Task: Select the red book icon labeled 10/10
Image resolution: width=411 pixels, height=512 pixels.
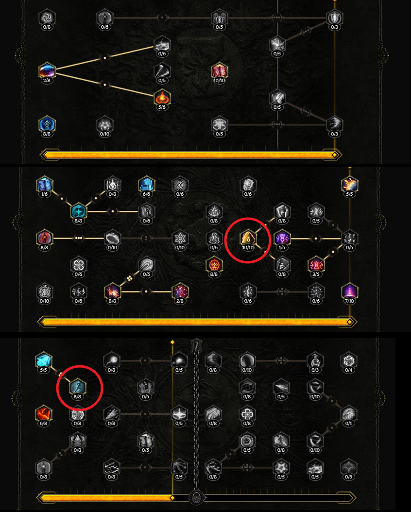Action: [219, 71]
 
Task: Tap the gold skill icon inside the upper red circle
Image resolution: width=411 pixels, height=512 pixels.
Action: [248, 238]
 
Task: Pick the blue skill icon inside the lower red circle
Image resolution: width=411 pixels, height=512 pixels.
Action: [78, 387]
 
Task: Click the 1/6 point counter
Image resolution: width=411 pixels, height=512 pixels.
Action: [45, 194]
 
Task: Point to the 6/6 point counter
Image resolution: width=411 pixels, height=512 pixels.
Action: [146, 194]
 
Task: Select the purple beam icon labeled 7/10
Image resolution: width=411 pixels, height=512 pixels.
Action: [350, 291]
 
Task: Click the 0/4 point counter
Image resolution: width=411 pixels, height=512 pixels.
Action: [349, 370]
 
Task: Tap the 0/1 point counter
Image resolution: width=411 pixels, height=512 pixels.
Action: [349, 423]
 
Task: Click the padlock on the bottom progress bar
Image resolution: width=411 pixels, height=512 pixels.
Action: [197, 497]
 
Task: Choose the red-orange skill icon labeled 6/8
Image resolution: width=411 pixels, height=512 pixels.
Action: [44, 414]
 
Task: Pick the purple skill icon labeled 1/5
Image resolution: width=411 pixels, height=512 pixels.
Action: [281, 238]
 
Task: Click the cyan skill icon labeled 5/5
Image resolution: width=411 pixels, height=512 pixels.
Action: [44, 360]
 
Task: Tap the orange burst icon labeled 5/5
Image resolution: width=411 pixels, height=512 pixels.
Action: [350, 185]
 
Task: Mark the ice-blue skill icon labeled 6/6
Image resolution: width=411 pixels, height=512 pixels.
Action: [146, 185]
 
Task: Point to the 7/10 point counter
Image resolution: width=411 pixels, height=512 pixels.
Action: [350, 301]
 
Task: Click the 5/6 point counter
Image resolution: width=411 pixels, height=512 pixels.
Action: [162, 107]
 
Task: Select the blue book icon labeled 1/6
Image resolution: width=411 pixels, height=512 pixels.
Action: [45, 185]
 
